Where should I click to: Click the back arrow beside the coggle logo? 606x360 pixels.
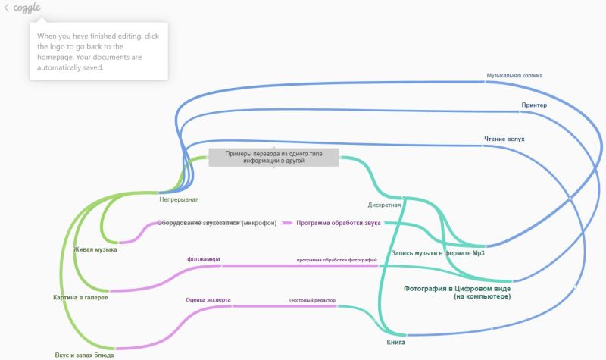click(x=7, y=8)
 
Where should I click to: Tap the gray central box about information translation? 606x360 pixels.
click(x=273, y=157)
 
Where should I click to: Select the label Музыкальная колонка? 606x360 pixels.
click(x=514, y=75)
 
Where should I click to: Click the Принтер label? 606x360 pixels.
click(x=534, y=105)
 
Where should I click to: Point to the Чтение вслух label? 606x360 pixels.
click(x=504, y=139)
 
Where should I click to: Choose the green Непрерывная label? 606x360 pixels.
click(x=179, y=199)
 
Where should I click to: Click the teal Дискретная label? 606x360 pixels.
click(x=384, y=205)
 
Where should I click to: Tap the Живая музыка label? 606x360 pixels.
click(x=95, y=249)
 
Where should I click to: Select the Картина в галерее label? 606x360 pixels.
click(x=80, y=297)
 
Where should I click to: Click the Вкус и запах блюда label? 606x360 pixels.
click(x=85, y=354)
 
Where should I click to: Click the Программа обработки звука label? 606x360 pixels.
click(x=338, y=223)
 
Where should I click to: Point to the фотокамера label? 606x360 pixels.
click(x=204, y=259)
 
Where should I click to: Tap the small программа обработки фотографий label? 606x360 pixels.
click(x=336, y=260)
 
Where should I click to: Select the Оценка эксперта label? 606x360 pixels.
click(x=208, y=299)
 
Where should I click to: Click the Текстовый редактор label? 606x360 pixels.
click(x=311, y=300)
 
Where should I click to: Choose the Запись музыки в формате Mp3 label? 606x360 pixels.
click(x=437, y=253)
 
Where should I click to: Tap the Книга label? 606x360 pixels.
click(x=395, y=343)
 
